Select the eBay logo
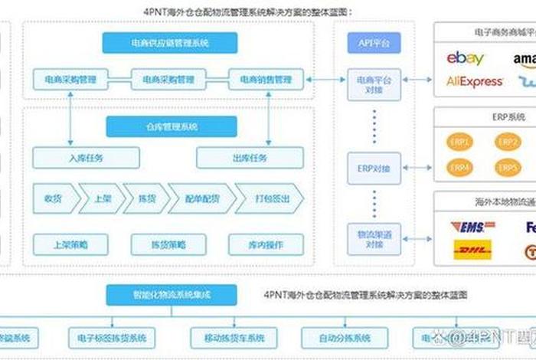click(x=466, y=58)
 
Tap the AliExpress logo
click(x=475, y=81)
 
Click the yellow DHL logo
click(x=472, y=250)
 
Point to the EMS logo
click(x=472, y=227)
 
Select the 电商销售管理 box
click(x=266, y=78)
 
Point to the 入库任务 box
click(x=86, y=158)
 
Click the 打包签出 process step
click(x=268, y=198)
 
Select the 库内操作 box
click(x=266, y=244)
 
